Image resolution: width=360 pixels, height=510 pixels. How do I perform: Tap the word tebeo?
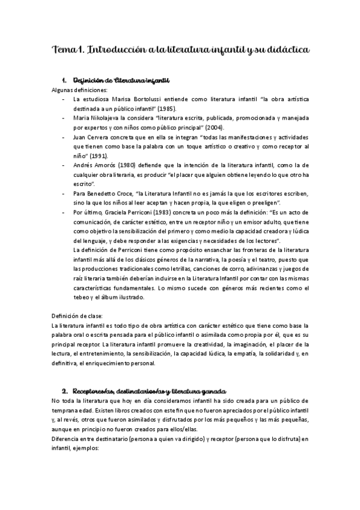pos(79,297)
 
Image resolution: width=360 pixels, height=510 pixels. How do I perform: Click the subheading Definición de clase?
pos(78,316)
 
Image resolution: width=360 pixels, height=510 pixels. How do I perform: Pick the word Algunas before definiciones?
pos(63,89)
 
